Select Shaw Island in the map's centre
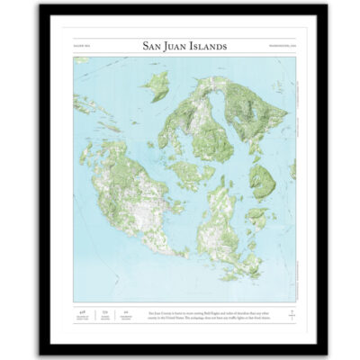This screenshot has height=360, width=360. pos(192,171)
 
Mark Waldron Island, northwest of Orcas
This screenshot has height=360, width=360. pos(157,85)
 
